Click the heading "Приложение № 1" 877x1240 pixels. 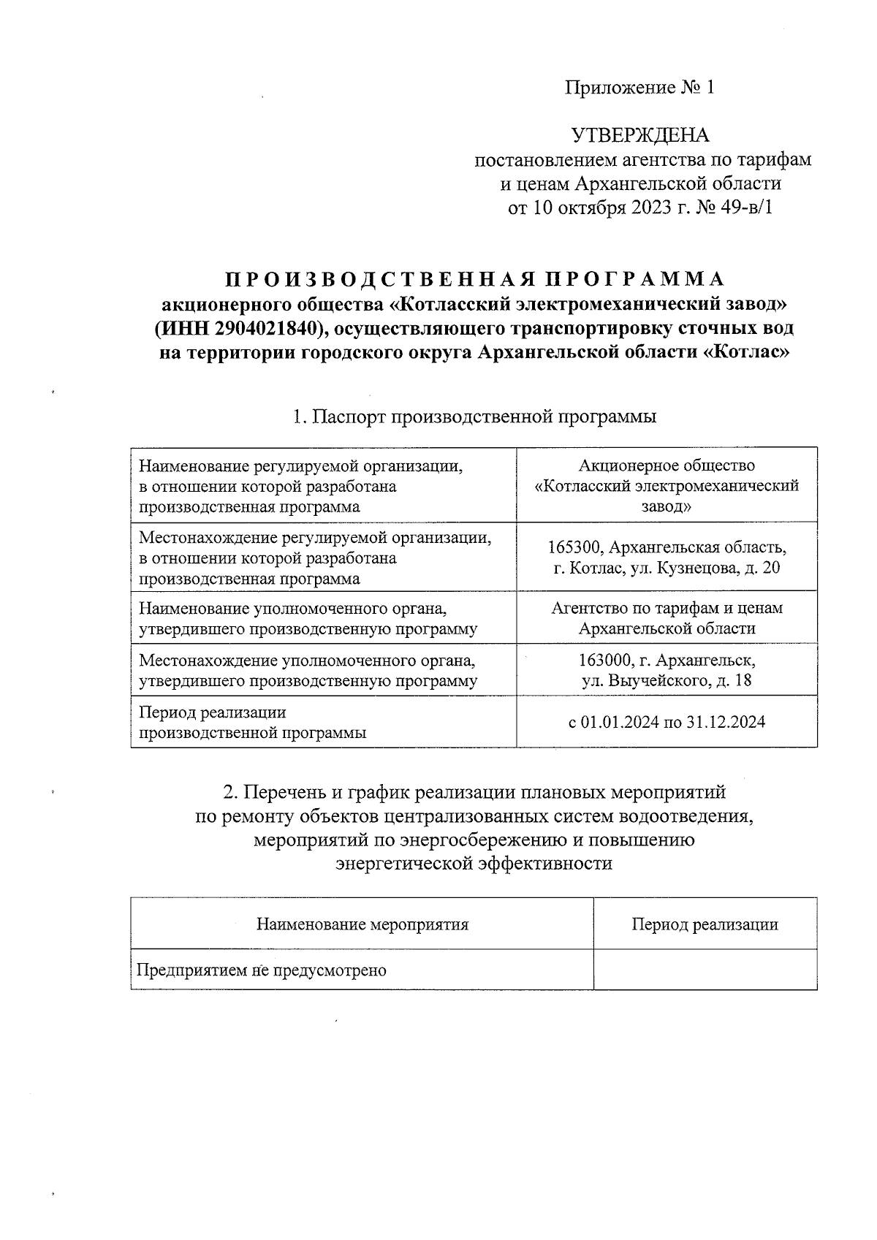click(x=639, y=88)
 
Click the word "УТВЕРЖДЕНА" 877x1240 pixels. click(x=639, y=136)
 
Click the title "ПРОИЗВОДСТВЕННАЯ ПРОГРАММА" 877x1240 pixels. click(x=474, y=279)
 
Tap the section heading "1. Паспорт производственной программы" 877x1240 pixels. click(x=474, y=416)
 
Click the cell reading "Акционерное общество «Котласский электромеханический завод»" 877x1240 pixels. click(x=667, y=486)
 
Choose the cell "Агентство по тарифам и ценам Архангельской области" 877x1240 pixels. click(x=667, y=618)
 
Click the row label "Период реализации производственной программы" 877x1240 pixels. click(x=252, y=722)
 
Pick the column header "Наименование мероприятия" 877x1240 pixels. click(x=362, y=924)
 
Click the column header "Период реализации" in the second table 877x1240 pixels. click(x=705, y=924)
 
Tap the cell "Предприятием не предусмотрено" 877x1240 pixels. click(x=262, y=970)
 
